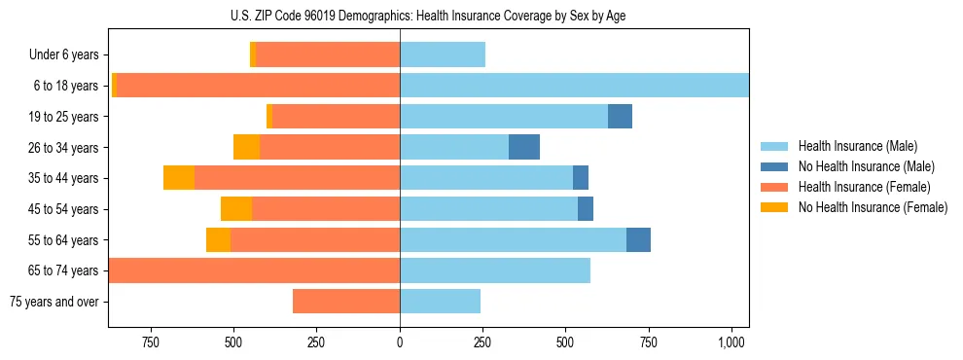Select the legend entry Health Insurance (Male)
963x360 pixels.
pos(857,146)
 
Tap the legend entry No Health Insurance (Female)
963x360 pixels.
pos(873,207)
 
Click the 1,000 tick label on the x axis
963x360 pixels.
pos(731,342)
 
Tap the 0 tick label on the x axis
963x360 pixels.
pos(400,342)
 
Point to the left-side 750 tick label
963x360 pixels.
pos(151,342)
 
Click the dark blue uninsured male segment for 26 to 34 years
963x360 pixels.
pos(524,147)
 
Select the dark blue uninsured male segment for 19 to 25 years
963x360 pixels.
pos(620,117)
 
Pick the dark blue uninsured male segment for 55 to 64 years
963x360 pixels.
pos(638,239)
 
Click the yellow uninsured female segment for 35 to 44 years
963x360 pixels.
pos(179,178)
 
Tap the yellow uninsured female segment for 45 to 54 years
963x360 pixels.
pos(236,209)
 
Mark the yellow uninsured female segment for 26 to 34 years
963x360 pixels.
pos(247,147)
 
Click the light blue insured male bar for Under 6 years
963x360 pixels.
pos(443,55)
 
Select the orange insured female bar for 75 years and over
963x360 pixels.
pos(346,302)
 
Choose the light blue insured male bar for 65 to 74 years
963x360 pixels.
pos(495,270)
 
